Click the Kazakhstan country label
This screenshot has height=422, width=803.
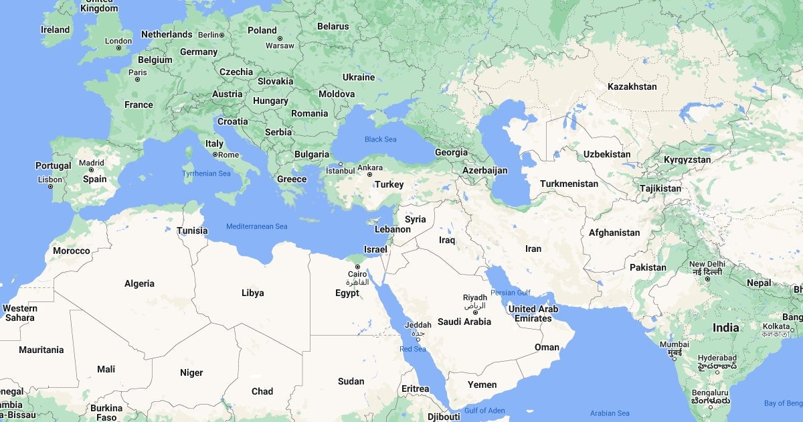(632, 86)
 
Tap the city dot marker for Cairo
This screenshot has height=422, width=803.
(357, 267)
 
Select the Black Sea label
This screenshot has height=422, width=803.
(380, 139)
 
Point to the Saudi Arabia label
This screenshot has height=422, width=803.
(464, 322)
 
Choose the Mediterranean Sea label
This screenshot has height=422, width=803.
(256, 226)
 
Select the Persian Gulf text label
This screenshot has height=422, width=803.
(510, 293)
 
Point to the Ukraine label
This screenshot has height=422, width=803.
(359, 77)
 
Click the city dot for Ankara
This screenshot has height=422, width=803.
(369, 175)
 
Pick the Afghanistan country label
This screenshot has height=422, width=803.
(614, 233)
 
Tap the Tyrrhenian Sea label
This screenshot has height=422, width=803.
(206, 173)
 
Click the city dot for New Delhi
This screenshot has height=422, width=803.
(707, 278)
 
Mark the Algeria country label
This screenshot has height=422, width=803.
(139, 283)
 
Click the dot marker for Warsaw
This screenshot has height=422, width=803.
(280, 38)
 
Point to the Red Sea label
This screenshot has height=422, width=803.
(413, 349)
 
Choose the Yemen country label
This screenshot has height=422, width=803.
(482, 384)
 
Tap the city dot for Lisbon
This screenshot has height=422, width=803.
(50, 186)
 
